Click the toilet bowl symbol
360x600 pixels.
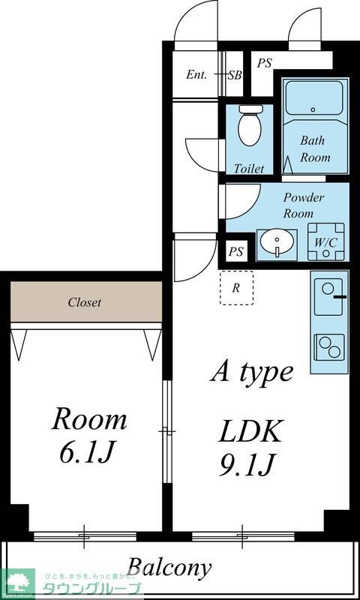click(250, 126)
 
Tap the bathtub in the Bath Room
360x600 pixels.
click(314, 97)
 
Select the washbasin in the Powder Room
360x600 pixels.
click(277, 243)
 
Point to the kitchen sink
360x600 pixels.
click(328, 296)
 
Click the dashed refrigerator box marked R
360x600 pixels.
click(236, 287)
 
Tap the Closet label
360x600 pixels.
click(85, 303)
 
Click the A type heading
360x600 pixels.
click(251, 372)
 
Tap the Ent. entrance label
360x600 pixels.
click(196, 75)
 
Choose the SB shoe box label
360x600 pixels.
click(235, 75)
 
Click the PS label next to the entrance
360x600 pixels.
click(264, 64)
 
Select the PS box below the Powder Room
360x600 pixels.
click(236, 252)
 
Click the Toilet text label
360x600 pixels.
click(248, 169)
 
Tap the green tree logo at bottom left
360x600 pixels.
click(19, 583)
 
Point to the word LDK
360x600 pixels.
click(250, 432)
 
